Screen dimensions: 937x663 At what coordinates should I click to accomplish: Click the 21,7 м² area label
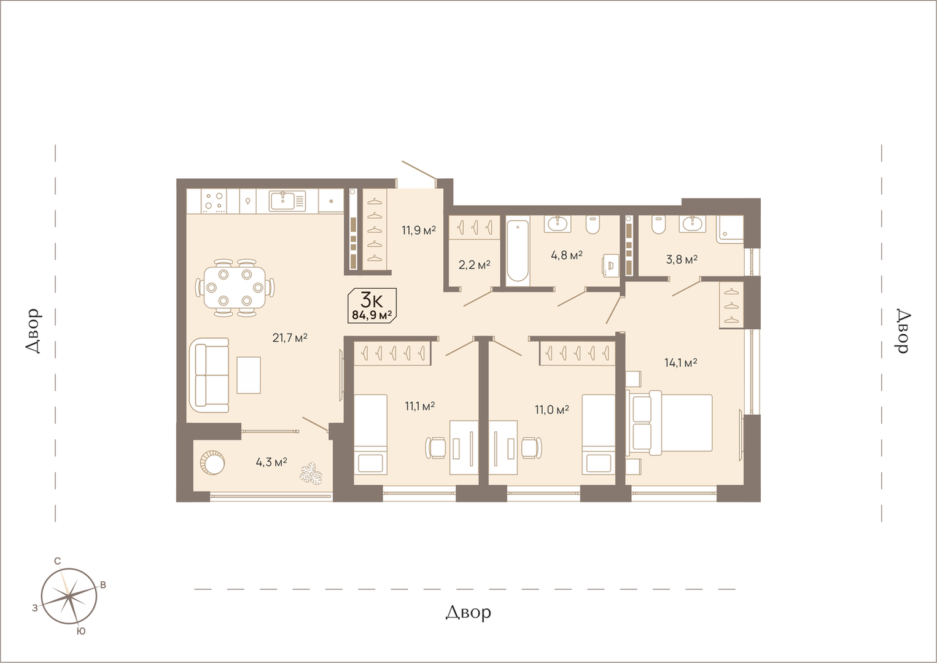290,337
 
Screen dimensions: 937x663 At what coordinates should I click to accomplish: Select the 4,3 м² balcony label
271,462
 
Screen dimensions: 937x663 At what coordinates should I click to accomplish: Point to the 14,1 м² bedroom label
680,363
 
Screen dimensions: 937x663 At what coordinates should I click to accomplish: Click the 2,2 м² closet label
475,265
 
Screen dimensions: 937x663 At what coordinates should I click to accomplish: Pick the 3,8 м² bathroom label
682,259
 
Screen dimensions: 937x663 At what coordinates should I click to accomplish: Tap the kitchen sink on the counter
287,202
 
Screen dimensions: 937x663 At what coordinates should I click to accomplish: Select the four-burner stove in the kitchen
214,202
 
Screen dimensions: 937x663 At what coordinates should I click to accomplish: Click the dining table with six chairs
235,288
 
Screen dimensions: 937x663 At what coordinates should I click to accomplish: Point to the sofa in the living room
209,375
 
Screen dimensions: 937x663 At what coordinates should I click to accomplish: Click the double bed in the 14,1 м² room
669,422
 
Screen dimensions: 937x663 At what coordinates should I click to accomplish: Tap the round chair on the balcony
212,463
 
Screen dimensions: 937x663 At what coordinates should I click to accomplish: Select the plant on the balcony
311,474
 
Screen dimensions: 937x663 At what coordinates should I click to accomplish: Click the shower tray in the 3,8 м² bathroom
730,229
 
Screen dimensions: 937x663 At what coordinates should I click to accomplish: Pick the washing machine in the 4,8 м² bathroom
610,265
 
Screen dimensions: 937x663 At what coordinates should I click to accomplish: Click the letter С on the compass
58,561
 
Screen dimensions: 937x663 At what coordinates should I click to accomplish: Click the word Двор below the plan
468,613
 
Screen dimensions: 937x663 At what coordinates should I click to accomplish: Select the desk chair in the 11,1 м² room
436,448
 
